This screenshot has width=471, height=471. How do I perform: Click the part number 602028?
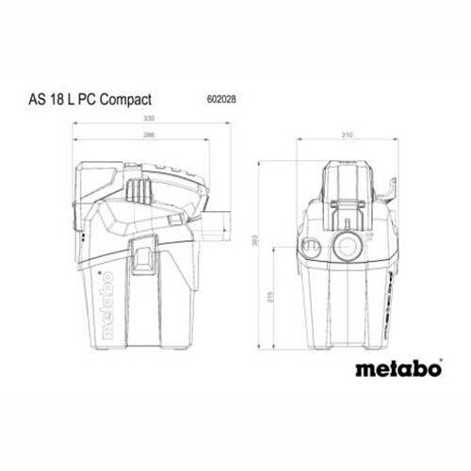click(219, 96)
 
